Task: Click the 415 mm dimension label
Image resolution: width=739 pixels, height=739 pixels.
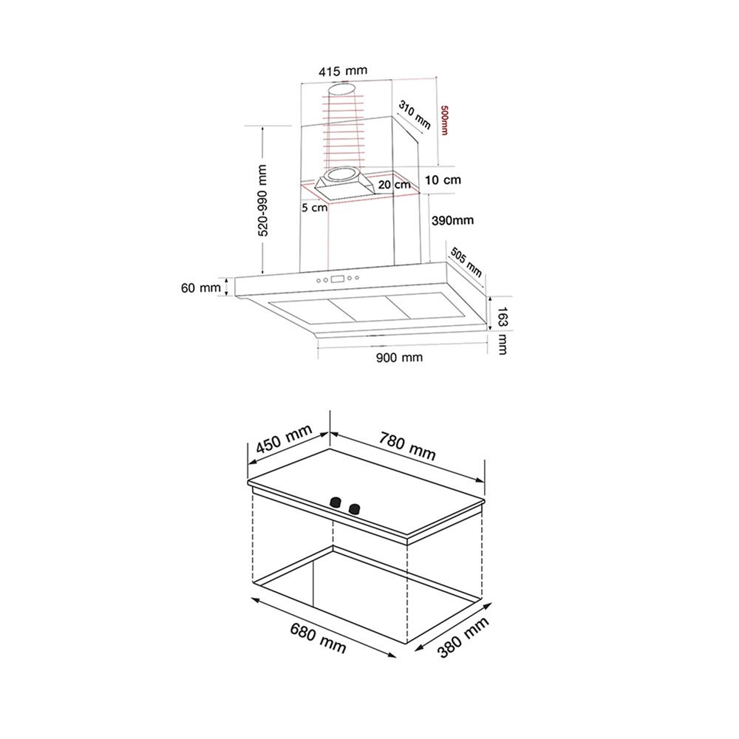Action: [x=343, y=71]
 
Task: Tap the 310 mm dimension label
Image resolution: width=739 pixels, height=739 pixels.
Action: [x=415, y=115]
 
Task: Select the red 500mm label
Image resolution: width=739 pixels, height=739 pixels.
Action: [x=444, y=120]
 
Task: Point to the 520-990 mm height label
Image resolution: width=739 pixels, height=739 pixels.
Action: [x=263, y=200]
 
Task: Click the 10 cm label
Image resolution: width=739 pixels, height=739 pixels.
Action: [x=443, y=180]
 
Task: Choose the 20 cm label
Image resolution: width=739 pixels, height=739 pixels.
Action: [x=394, y=184]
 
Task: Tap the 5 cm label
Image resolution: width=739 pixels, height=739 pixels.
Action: [x=314, y=208]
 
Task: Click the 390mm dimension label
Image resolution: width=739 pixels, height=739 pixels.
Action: [x=452, y=220]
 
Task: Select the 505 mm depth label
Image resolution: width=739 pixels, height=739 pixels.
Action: [x=466, y=262]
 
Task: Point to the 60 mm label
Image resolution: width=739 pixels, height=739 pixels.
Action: [x=201, y=287]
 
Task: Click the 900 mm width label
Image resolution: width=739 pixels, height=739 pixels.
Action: [x=399, y=357]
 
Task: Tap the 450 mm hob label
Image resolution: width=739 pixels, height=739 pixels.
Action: [x=284, y=438]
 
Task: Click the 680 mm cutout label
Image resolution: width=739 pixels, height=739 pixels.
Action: [x=318, y=638]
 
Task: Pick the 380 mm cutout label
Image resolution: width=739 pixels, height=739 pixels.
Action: [x=463, y=637]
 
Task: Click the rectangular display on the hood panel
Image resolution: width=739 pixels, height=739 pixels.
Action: [x=338, y=279]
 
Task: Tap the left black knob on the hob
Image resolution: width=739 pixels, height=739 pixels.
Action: [x=336, y=503]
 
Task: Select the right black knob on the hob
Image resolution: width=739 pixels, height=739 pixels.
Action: [x=354, y=508]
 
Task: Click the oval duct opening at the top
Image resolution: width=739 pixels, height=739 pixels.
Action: [x=343, y=89]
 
